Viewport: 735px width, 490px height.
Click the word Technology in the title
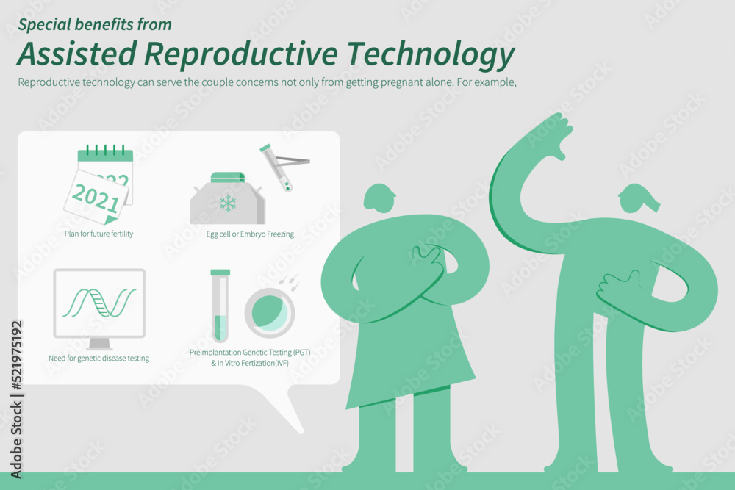coord(431,54)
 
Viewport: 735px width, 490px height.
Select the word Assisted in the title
coord(77,53)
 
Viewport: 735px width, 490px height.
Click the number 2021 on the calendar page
coord(96,198)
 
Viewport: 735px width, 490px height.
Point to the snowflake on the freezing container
coord(228,203)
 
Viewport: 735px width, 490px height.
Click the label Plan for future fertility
coord(99,234)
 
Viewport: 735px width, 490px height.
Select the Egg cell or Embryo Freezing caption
coord(250,234)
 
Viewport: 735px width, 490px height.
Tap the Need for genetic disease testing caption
coord(99,359)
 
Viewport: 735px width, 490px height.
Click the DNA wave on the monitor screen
coord(99,303)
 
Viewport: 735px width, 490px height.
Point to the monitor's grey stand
coord(99,344)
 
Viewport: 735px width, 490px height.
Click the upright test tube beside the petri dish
coord(220,306)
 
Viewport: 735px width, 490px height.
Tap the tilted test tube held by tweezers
coord(276,167)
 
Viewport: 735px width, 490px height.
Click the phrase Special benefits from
coord(95,24)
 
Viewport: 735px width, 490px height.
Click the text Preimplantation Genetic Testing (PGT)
coord(250,353)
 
